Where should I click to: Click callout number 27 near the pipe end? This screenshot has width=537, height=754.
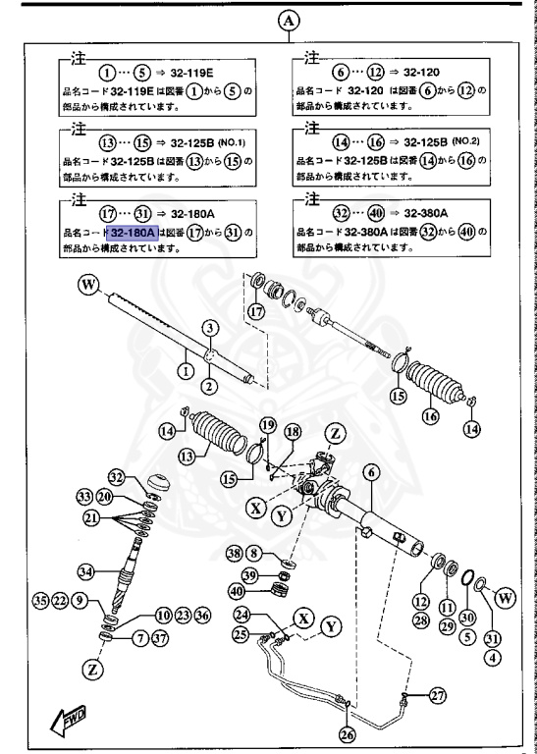click(436, 696)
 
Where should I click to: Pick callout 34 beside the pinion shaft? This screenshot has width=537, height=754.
click(87, 569)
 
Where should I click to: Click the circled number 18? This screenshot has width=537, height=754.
click(293, 432)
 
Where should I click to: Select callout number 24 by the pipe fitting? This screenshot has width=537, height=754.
click(240, 615)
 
